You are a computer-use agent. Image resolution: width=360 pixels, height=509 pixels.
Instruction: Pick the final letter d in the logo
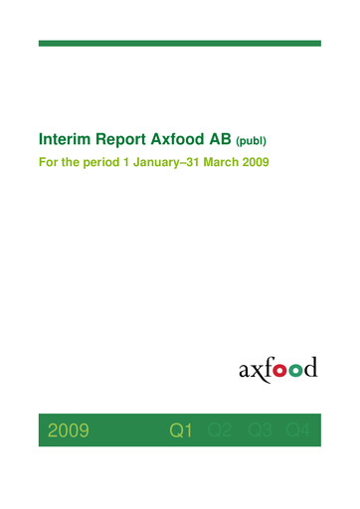point(310,369)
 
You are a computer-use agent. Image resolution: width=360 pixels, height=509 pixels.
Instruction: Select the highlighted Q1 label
point(181,430)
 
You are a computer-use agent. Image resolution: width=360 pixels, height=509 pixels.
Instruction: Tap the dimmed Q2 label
point(221,430)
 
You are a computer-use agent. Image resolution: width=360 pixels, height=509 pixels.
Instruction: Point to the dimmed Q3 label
point(261,430)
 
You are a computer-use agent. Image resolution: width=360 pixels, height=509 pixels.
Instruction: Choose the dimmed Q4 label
point(298,430)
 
